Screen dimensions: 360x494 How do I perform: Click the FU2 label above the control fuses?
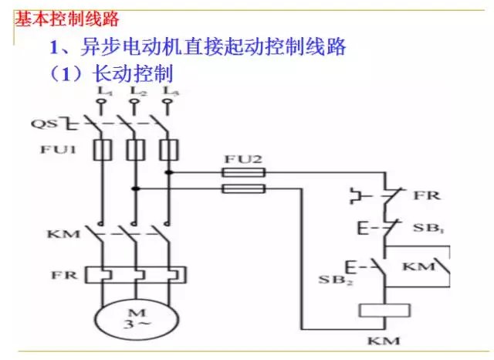click(x=244, y=159)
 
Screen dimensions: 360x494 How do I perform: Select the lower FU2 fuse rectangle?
click(x=244, y=188)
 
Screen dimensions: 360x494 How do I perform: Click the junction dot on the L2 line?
click(x=134, y=188)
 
